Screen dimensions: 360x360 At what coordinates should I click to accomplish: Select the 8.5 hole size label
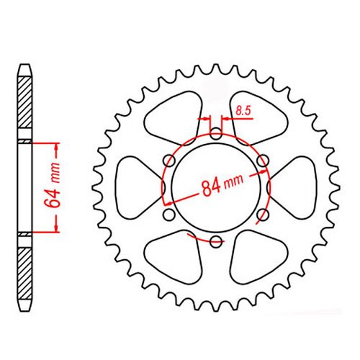click(x=242, y=112)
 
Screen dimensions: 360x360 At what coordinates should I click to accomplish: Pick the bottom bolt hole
click(x=216, y=240)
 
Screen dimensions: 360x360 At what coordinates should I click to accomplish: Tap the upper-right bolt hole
click(x=263, y=160)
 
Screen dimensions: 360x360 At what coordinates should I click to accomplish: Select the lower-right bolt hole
click(x=263, y=214)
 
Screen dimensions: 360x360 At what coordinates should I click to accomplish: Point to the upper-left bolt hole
click(x=169, y=160)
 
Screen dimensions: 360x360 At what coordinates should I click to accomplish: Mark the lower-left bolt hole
click(x=169, y=214)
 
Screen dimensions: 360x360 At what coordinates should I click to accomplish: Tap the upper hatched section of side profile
click(x=24, y=104)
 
